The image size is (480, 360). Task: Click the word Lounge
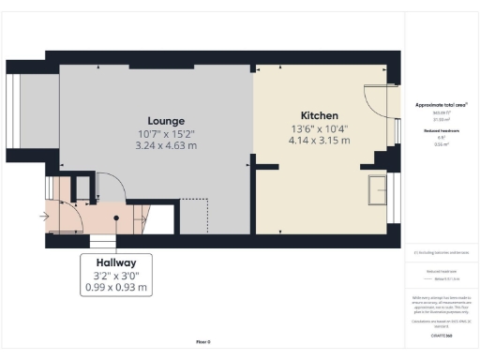166,121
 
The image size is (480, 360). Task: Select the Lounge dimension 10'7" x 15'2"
166,134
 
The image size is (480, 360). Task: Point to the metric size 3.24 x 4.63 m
166,146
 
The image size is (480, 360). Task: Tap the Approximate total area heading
441,105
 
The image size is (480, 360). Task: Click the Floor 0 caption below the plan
202,342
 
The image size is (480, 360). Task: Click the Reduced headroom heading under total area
441,130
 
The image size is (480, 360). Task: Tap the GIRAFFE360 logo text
441,334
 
